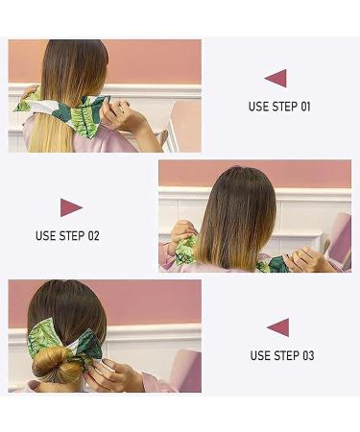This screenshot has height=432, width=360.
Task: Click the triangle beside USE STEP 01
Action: [x=276, y=79]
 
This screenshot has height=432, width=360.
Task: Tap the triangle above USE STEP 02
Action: [x=70, y=207]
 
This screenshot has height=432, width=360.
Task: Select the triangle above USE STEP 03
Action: [x=278, y=327]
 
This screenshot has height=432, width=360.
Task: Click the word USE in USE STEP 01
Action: [x=259, y=107]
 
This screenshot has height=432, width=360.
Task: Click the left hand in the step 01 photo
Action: [x=28, y=94]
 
